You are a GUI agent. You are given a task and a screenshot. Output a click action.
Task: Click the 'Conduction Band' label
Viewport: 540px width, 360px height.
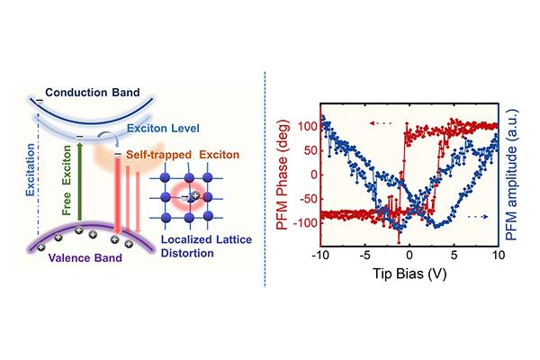(x=93, y=93)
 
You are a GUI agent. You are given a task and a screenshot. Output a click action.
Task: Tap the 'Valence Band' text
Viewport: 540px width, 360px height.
(x=85, y=258)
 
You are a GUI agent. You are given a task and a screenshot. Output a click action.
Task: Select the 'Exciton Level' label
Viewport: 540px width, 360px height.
(x=163, y=128)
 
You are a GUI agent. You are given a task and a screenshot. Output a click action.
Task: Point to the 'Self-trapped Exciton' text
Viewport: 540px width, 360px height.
(x=183, y=155)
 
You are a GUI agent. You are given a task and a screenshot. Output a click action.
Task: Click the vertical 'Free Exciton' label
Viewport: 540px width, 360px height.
(x=66, y=180)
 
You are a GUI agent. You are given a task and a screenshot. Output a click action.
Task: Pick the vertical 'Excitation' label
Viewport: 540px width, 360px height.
(x=31, y=170)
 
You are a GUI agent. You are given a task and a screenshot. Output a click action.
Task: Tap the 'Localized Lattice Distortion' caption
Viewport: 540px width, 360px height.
(x=206, y=247)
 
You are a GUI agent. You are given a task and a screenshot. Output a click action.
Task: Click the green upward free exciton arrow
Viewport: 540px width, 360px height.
(x=79, y=181)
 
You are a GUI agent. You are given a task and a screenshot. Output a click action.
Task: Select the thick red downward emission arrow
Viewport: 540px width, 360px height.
(x=118, y=195)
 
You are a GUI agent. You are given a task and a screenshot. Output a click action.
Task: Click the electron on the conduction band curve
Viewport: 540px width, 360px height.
(x=40, y=102)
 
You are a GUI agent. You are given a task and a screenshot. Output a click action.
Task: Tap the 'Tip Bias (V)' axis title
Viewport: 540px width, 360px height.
(x=409, y=274)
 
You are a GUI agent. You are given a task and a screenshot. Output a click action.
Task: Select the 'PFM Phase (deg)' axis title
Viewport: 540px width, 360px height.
(x=283, y=175)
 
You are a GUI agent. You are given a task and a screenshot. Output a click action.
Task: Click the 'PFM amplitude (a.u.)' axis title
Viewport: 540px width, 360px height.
(x=511, y=175)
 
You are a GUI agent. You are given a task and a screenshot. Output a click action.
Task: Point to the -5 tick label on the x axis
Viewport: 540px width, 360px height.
(x=364, y=256)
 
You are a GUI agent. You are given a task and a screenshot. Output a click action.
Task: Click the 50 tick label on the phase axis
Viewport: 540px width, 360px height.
(x=310, y=150)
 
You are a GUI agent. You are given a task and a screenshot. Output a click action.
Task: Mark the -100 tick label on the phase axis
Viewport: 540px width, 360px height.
(x=305, y=223)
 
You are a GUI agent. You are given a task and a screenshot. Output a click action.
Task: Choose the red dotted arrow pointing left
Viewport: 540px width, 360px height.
(x=381, y=123)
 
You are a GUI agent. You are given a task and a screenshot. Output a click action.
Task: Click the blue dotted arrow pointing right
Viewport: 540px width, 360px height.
(x=478, y=217)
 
